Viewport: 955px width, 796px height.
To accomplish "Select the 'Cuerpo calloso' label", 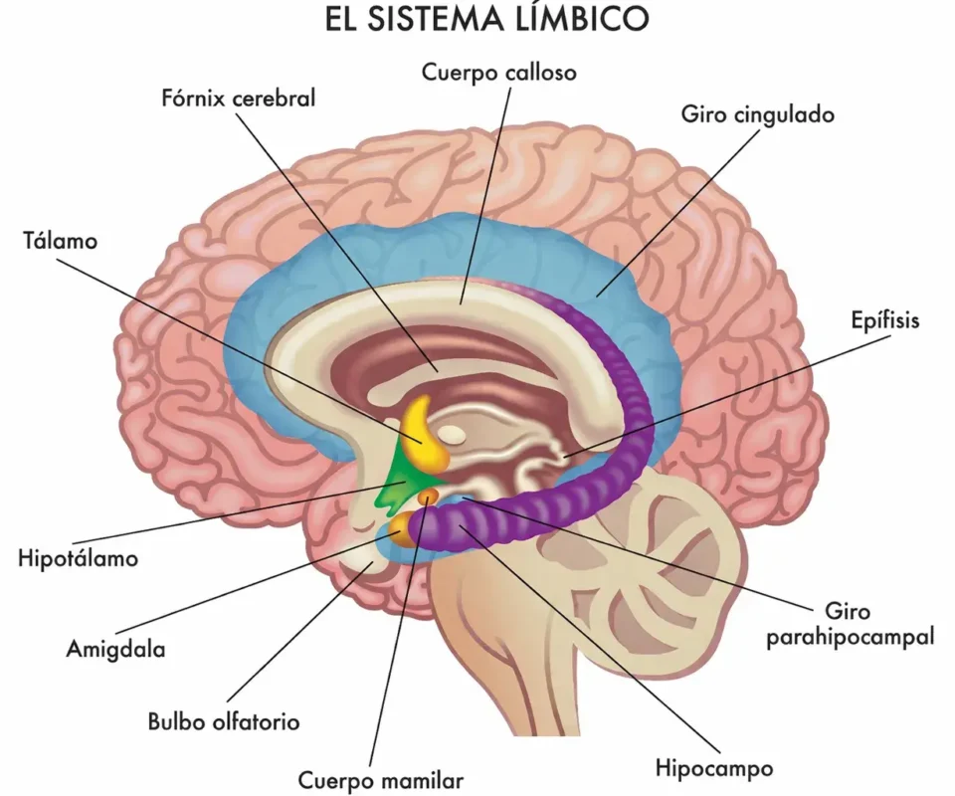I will click(498, 73).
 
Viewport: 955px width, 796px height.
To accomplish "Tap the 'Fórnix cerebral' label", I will click(238, 99).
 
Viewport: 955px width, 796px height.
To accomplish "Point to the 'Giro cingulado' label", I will click(757, 114).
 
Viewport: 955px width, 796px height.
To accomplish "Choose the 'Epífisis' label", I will click(885, 320).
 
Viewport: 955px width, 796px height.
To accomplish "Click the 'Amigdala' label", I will click(115, 651).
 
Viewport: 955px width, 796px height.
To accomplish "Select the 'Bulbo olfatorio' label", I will click(223, 721).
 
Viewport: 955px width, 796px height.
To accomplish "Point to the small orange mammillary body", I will click(429, 496).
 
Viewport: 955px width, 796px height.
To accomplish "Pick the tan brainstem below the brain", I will click(497, 637).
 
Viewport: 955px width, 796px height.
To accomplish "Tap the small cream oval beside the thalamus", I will click(453, 435).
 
